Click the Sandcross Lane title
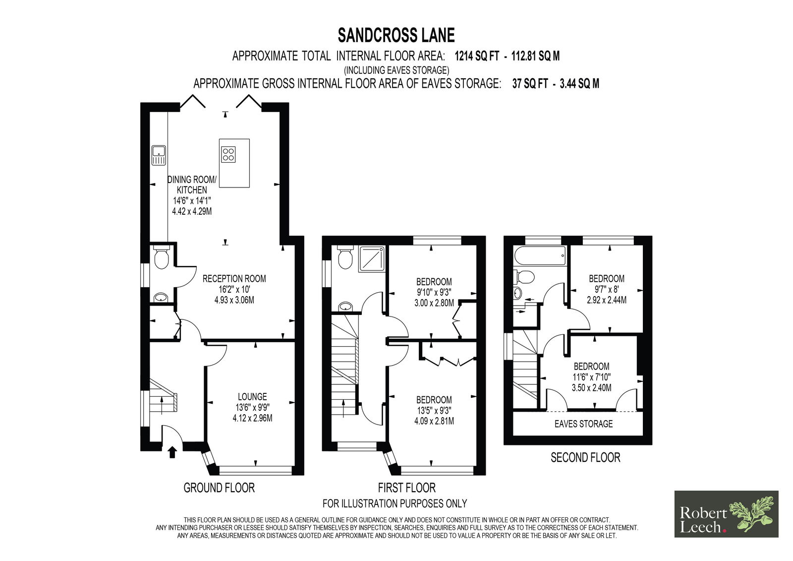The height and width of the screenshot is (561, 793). coord(396,35)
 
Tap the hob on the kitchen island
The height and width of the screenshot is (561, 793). coord(228,154)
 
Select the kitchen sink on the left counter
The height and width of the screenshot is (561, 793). coord(159,155)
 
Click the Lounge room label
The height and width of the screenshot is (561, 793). coord(252,396)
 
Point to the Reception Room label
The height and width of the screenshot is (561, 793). coord(234,279)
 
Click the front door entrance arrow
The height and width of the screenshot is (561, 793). coord(172,452)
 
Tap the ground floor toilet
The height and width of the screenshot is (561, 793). coord(162,257)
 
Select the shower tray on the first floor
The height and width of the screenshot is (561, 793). coord(372,260)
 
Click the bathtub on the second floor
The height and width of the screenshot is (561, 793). coord(540,255)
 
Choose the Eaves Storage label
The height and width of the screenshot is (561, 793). coord(583,424)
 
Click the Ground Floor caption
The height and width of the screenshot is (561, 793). coord(219,488)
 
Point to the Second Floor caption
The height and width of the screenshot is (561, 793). coord(585,457)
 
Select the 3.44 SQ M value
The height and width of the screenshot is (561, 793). coord(579,84)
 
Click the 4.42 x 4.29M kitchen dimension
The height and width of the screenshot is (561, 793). coord(192,212)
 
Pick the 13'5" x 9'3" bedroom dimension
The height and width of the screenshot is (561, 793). coord(434,411)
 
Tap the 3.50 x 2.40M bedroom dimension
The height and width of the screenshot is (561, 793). coord(592,388)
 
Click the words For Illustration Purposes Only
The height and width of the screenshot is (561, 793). coord(395,503)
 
